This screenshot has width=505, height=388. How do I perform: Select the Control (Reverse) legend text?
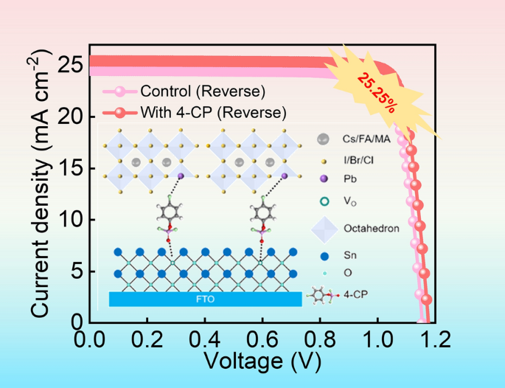[x=203, y=92]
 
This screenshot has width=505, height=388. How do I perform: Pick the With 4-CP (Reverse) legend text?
[x=213, y=113]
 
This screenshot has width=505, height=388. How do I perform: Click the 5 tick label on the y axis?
[x=74, y=271]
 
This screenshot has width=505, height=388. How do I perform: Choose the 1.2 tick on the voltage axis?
[x=435, y=339]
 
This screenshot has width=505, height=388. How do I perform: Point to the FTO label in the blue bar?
[x=205, y=299]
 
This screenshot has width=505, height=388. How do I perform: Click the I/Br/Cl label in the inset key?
[x=363, y=159]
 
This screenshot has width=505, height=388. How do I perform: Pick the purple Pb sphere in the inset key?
[x=323, y=179]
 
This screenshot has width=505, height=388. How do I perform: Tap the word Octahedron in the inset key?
[x=372, y=229]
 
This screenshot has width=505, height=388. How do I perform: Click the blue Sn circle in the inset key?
[x=323, y=254]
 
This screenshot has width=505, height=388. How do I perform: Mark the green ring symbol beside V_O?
[x=323, y=200]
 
